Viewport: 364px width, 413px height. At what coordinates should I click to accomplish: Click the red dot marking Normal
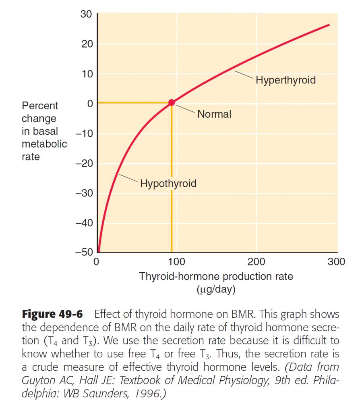coord(172,102)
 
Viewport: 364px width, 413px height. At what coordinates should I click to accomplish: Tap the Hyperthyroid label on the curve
coord(285,80)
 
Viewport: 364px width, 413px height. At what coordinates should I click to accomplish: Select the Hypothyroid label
coord(168,184)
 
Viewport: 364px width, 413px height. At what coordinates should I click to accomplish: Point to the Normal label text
coord(214,114)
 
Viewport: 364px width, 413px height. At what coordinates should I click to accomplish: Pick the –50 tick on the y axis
coord(84,253)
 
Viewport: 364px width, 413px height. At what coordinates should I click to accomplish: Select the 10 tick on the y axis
coord(87,74)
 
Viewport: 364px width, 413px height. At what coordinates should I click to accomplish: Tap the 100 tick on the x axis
coord(176,262)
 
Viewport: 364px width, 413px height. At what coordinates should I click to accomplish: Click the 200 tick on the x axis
coord(256,262)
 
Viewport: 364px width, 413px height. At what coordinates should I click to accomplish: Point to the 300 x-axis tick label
coord(336,262)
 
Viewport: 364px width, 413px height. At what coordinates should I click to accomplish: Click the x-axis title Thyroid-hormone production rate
coord(216,277)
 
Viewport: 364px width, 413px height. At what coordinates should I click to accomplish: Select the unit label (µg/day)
coord(216,290)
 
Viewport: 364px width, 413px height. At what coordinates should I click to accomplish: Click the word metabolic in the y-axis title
coord(44,144)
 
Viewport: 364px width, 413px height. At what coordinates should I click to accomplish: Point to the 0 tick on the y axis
coord(90,104)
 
